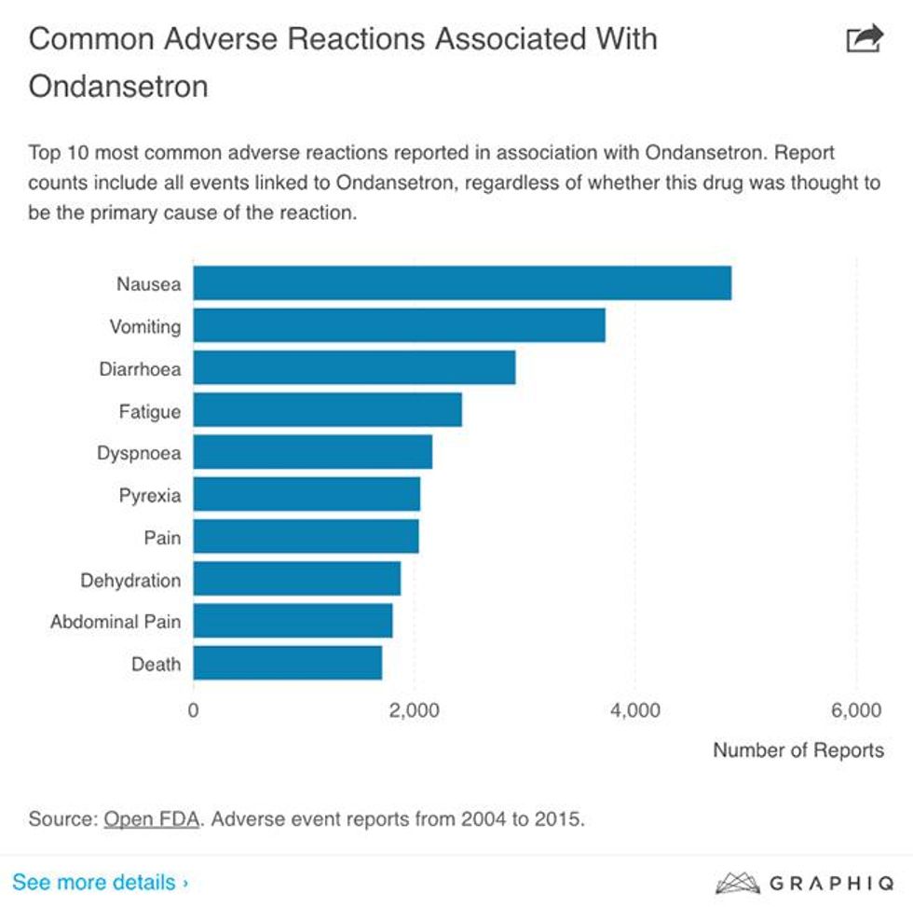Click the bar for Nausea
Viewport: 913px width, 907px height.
point(461,283)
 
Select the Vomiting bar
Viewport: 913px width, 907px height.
point(399,325)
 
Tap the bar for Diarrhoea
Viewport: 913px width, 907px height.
point(354,368)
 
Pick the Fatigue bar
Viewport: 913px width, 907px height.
point(327,410)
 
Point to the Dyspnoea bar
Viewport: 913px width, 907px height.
point(312,452)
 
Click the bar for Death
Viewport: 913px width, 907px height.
point(287,664)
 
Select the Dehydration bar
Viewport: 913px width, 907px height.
point(296,579)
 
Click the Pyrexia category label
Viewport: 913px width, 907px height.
point(149,495)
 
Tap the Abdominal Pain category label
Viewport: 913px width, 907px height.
point(116,622)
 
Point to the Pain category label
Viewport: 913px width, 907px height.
point(162,538)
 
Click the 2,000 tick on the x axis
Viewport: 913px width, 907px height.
point(414,711)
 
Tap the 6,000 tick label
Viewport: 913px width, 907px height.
point(855,711)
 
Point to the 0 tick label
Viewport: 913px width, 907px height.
point(194,711)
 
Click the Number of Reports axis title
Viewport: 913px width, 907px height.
point(797,750)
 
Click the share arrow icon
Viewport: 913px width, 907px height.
point(863,39)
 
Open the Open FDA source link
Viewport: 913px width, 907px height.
point(151,820)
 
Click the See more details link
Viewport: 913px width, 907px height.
point(100,882)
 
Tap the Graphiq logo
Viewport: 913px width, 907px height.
point(798,883)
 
